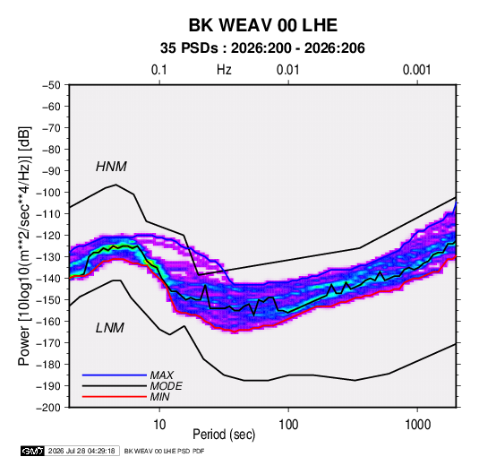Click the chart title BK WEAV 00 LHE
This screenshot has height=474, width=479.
point(263,25)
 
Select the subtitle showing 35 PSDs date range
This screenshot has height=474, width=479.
point(262,48)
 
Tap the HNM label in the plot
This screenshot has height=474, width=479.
point(111,167)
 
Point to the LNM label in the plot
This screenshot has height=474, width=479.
point(110,328)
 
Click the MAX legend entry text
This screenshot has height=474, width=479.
point(162,375)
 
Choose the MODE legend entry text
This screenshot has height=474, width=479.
point(167,386)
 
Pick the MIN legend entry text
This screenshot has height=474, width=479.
point(159,397)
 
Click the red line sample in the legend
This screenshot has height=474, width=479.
point(115,397)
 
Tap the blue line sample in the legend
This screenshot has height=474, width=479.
point(115,375)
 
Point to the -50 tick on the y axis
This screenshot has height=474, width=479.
point(52,85)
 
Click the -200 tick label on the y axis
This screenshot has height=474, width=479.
point(48,408)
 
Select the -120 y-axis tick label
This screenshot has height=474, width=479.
point(48,236)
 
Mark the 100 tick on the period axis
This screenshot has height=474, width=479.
point(288,425)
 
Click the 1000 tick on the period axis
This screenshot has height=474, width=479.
point(417,425)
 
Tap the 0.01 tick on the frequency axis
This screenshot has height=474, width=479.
point(287,70)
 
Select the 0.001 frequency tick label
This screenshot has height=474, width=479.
point(416,70)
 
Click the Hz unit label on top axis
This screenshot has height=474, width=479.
point(224,70)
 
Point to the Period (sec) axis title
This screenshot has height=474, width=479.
point(224,435)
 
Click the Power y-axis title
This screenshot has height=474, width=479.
point(24,246)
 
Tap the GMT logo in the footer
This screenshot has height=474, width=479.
point(33,451)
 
